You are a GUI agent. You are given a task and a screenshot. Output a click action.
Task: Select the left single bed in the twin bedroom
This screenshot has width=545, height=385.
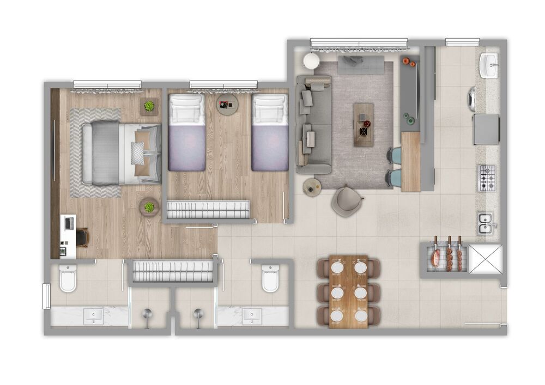(187, 132)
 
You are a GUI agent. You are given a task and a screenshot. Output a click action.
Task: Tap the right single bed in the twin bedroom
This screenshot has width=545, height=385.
(270, 132)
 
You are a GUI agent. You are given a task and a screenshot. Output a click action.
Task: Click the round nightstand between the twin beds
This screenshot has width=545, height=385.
(227, 104)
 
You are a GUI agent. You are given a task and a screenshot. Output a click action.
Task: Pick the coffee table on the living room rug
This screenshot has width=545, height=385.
(364, 125)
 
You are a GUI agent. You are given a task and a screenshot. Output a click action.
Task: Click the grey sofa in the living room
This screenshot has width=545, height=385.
(313, 125)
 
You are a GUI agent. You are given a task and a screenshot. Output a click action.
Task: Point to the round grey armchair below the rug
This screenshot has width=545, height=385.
(347, 201)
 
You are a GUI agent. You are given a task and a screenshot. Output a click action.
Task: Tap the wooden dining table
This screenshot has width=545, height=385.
(349, 291)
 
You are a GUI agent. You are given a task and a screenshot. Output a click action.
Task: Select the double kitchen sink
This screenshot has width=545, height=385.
(486, 223)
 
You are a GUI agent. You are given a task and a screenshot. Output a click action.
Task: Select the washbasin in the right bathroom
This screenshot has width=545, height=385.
(252, 316)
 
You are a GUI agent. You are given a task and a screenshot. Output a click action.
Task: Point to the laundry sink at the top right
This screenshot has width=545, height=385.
(489, 65)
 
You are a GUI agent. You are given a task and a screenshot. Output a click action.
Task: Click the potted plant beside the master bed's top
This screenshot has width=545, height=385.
(149, 106)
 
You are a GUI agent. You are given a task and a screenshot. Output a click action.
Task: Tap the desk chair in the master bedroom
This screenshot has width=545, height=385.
(82, 237)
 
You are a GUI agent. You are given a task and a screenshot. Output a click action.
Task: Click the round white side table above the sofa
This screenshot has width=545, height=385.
(311, 61)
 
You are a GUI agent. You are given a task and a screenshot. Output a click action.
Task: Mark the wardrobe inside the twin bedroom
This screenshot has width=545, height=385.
(208, 210)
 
